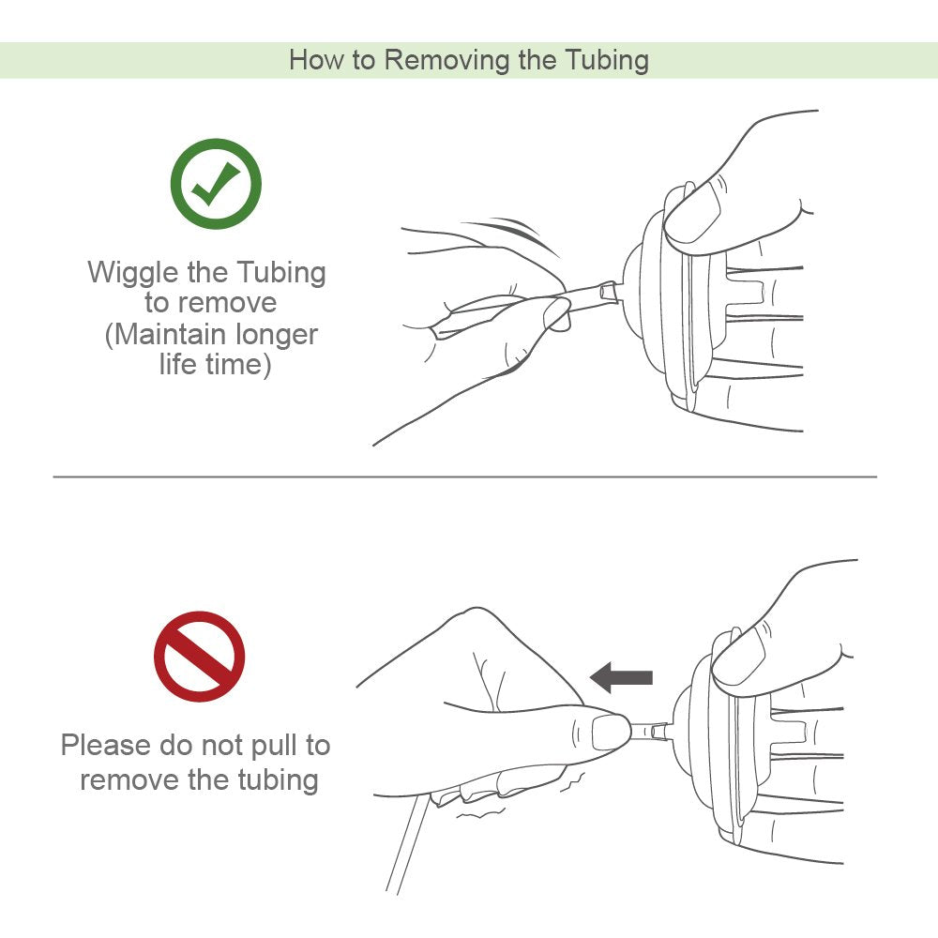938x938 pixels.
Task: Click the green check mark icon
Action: [215, 184]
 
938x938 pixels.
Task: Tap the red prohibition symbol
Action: [199, 657]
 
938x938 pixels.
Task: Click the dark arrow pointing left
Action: [621, 676]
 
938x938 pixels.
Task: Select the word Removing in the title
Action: [446, 60]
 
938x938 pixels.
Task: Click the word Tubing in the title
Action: [606, 60]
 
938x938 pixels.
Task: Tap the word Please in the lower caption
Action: [105, 746]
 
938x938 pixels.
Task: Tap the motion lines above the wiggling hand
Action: [511, 228]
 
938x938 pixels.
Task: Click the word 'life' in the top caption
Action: [178, 364]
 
